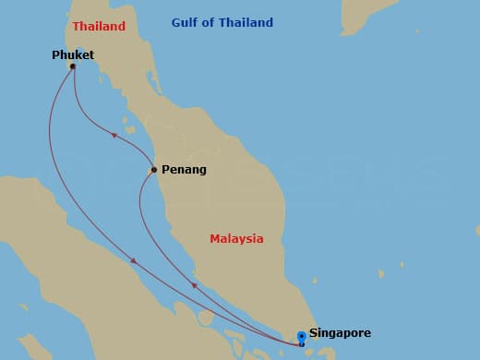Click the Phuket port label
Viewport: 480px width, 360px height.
tap(73, 55)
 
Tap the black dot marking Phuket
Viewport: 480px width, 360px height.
tap(72, 66)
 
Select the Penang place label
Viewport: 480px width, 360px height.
tap(184, 170)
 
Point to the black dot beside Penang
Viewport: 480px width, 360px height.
tap(153, 170)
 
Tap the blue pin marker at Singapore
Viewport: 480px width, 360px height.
tap(301, 338)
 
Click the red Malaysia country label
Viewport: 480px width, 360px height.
tap(236, 239)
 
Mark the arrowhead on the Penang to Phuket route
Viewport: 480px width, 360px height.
tap(114, 135)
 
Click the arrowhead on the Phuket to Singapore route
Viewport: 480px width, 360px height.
tap(134, 261)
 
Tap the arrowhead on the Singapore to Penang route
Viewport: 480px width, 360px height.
tap(194, 285)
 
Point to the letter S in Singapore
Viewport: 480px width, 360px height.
tap(313, 332)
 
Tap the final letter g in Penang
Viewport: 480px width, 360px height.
tap(202, 171)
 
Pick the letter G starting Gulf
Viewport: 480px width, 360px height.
tap(175, 23)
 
